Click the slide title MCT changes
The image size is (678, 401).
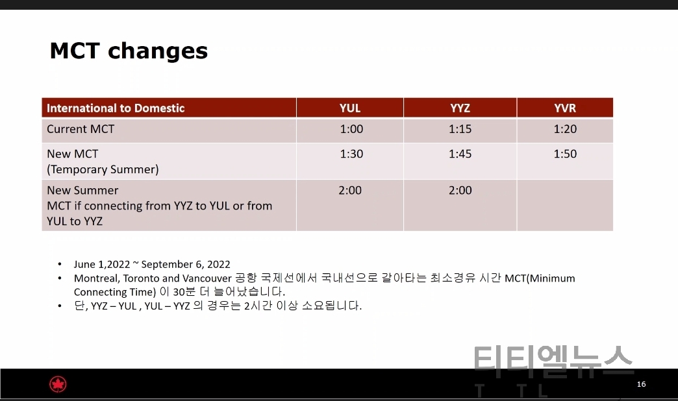pos(129,51)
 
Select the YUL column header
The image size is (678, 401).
pos(350,108)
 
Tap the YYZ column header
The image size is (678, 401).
pos(460,108)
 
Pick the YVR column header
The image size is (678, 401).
pos(565,108)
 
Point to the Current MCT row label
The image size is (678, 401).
pos(81,129)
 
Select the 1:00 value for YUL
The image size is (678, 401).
pos(351,129)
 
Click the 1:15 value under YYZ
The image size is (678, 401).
pos(460,129)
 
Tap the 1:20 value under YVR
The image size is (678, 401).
pos(565,129)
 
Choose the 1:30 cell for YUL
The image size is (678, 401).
pos(351,154)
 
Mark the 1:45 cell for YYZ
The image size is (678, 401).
pos(460,154)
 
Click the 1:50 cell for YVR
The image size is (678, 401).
pos(565,154)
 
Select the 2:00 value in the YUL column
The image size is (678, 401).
pos(350,191)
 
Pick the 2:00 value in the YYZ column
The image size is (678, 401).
pos(460,191)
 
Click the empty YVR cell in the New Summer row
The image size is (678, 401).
pos(565,205)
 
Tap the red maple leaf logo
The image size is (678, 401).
pos(58,384)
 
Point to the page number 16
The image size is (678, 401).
pos(641,384)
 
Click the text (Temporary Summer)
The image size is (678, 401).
pos(103,169)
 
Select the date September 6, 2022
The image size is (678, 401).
pos(186,265)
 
